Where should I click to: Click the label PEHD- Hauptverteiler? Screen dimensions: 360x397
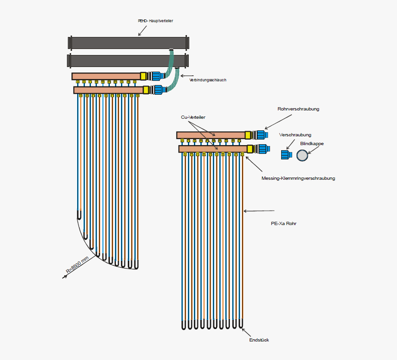(155, 21)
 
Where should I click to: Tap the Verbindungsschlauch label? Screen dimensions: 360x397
(208, 80)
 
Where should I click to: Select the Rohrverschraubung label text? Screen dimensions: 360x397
(298, 109)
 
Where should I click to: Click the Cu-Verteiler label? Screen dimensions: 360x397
(193, 117)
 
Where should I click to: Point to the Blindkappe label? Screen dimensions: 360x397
(312, 144)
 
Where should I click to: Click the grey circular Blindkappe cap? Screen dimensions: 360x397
(302, 156)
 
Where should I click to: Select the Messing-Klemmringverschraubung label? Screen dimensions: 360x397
(298, 178)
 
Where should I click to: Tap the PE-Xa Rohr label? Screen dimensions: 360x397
(283, 223)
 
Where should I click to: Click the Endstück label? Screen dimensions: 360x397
(259, 340)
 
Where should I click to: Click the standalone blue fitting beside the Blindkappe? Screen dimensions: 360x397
(286, 155)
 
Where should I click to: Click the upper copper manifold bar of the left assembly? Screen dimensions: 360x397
(106, 76)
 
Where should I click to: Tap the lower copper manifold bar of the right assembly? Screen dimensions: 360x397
(212, 149)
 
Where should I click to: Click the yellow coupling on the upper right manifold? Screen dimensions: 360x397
(248, 135)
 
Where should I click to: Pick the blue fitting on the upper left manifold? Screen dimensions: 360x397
(156, 75)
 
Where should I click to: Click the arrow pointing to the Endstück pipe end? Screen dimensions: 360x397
(246, 332)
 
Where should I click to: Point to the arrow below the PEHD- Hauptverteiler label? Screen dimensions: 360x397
(143, 31)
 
